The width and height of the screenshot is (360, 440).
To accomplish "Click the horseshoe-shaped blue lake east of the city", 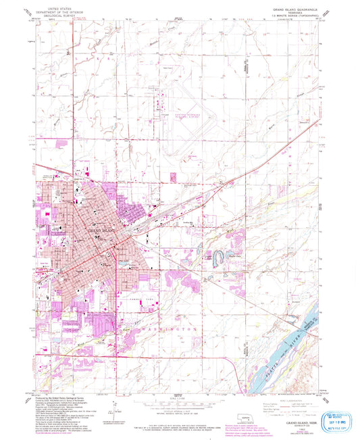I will [x=220, y=256].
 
